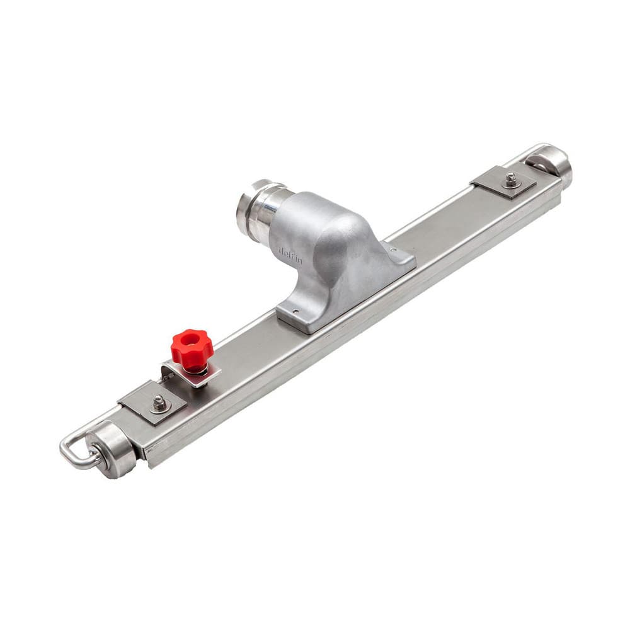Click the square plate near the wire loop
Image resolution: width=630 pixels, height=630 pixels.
[152, 403]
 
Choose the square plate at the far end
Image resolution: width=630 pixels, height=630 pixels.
[504, 182]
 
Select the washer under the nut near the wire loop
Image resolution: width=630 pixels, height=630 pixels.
[161, 406]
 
